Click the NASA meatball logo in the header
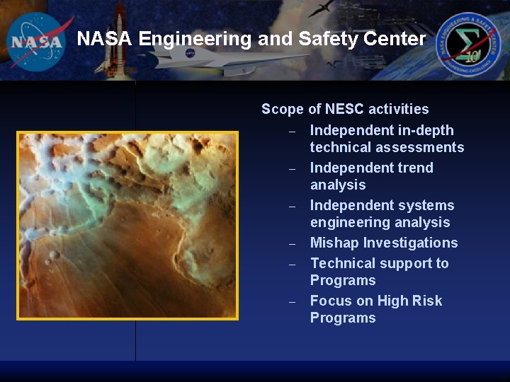tap(37, 41)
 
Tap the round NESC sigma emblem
tap(467, 45)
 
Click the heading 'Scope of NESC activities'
tap(345, 109)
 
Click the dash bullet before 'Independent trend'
tap(291, 169)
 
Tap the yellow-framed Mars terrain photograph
tap(127, 225)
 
